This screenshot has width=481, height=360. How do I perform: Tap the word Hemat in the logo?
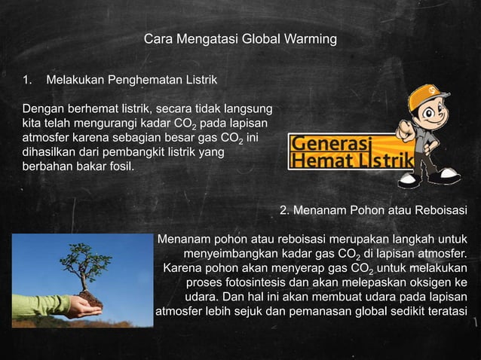pyautogui.click(x=317, y=160)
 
